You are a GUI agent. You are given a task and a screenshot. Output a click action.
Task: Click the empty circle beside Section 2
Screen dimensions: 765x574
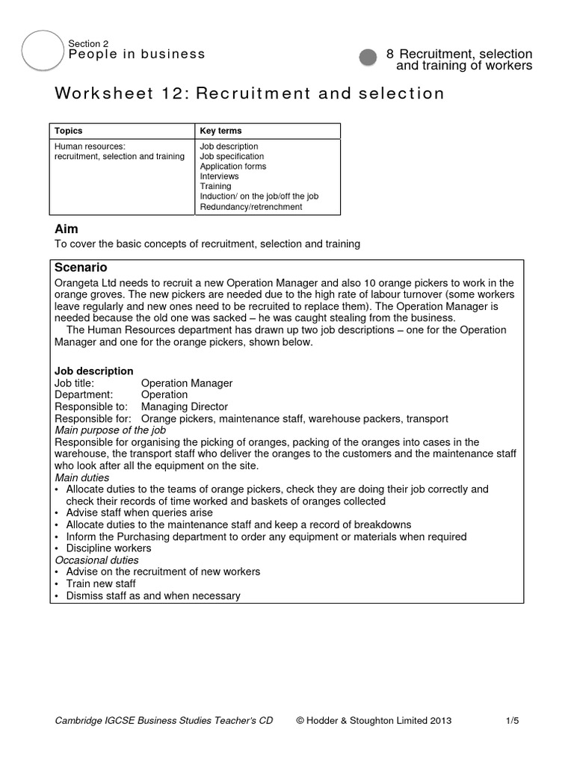(43, 52)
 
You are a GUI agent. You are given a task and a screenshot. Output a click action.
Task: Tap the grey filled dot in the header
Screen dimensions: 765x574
(368, 58)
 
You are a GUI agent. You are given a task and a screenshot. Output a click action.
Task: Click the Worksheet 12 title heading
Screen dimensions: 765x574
(250, 93)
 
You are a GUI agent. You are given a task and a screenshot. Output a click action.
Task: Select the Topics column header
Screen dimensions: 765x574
(69, 131)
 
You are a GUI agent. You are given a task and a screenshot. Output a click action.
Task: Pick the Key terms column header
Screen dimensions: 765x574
(220, 131)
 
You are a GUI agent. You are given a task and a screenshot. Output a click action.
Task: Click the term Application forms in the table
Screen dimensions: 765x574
(232, 167)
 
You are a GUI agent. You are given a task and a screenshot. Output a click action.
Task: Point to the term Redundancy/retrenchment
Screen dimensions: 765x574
(250, 207)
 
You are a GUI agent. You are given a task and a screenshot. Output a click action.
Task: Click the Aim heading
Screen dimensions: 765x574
(67, 229)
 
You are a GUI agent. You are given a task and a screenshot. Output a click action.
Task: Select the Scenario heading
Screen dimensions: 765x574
(81, 267)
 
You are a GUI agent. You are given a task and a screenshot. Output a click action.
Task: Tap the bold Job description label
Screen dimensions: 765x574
(94, 371)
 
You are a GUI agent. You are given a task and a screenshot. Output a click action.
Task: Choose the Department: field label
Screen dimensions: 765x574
(84, 394)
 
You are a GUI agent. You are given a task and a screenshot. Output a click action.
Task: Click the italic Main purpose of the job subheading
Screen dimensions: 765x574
(111, 430)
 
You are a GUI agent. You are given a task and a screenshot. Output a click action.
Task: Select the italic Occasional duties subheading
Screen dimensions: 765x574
(96, 560)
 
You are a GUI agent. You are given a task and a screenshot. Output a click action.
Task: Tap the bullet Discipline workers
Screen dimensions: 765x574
(108, 548)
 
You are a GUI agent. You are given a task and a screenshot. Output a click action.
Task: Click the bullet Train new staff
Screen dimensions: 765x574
(101, 583)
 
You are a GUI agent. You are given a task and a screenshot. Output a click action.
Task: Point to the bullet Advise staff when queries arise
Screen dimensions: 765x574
(139, 513)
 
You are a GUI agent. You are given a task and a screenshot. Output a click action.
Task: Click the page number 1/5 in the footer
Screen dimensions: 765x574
(512, 720)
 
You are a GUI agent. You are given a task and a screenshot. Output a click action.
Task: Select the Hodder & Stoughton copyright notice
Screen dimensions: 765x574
(374, 720)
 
